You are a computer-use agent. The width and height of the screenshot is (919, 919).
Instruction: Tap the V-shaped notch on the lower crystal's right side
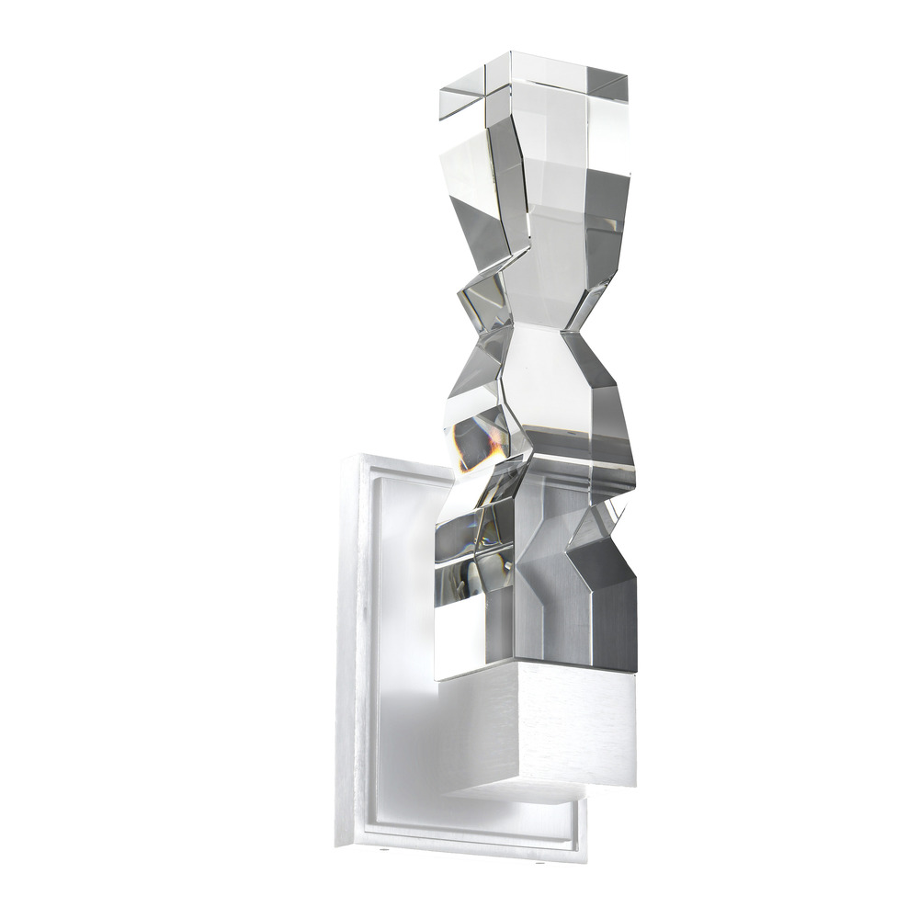[574, 551]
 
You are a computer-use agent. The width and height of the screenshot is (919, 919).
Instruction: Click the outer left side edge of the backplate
[346, 643]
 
